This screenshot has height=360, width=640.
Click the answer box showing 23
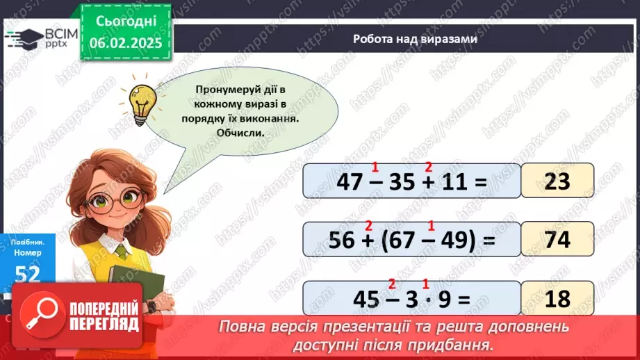[x=558, y=181]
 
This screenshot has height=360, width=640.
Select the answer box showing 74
[x=558, y=239]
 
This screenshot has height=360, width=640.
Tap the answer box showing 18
[x=558, y=298]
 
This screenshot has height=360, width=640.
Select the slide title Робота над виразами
[x=415, y=40]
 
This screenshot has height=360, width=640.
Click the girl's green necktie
[x=122, y=251]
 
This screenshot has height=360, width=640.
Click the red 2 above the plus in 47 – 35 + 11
[x=429, y=167]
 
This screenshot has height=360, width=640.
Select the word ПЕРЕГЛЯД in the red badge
[x=104, y=324]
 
